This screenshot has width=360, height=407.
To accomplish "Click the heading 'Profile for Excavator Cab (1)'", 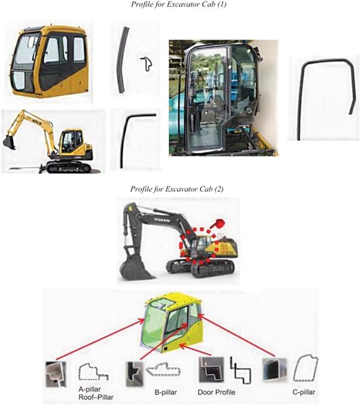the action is click(x=178, y=4).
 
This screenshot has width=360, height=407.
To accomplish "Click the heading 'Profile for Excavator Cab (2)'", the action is click(x=176, y=188).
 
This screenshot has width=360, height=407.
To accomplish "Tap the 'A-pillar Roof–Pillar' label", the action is click(x=96, y=393).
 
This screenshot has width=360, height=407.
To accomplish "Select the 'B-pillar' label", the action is click(x=166, y=392).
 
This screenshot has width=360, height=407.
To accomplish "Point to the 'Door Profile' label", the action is click(x=217, y=392).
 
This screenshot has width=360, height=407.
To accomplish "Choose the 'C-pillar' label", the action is click(x=304, y=392).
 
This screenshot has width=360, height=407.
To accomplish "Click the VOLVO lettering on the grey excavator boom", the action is click(x=162, y=220).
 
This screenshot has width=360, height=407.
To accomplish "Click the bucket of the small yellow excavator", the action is click(x=9, y=142).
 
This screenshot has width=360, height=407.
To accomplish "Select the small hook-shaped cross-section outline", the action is click(x=147, y=64).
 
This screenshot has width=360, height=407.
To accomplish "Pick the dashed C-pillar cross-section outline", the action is click(x=305, y=369).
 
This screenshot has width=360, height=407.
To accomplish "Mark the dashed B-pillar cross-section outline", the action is click(x=163, y=369).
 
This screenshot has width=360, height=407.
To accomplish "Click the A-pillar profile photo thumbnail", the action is click(x=56, y=374).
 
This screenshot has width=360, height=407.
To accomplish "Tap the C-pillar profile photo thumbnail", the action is click(x=275, y=370).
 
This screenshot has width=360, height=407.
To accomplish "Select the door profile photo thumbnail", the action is click(x=211, y=370).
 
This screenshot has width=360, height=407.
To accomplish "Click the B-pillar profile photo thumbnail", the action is click(x=134, y=374).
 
